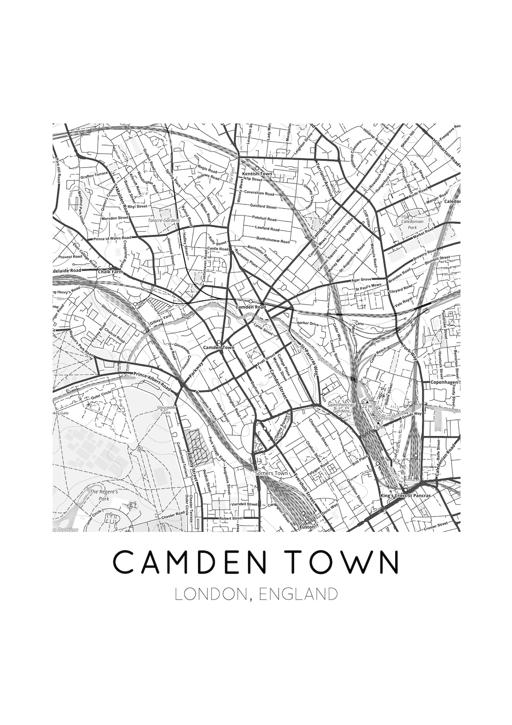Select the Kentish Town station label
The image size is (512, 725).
(257, 174)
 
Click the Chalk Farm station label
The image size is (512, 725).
(107, 272)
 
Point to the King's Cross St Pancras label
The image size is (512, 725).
(405, 496)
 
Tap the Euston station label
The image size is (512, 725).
(308, 527)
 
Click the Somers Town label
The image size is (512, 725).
(271, 474)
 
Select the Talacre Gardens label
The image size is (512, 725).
(164, 220)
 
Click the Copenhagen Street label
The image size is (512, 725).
(439, 382)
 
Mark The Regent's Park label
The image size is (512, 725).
(100, 495)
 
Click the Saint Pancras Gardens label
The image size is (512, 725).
(341, 408)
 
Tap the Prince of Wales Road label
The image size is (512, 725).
(112, 238)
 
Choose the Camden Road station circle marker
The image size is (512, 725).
(251, 301)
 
